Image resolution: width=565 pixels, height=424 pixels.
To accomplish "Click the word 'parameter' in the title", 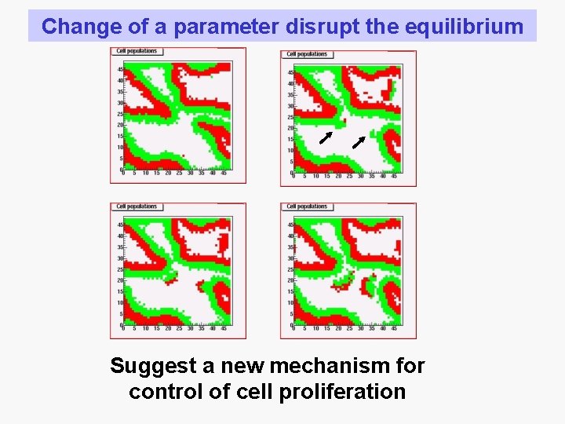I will [225, 27].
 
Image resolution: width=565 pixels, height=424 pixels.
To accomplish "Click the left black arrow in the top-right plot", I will [325, 139].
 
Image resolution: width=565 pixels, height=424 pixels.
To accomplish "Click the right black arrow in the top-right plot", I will [358, 141].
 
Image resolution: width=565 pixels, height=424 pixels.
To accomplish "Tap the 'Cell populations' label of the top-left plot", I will [137, 51].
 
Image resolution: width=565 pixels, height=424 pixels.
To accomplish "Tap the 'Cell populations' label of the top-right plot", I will [307, 54].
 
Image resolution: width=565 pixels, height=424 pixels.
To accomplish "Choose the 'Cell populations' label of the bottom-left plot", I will [137, 207].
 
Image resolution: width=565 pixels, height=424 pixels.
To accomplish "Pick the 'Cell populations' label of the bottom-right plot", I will [307, 207].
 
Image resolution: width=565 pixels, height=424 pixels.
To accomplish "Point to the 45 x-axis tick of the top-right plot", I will [394, 176].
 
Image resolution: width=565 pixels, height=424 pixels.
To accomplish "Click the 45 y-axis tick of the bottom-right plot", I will [290, 225].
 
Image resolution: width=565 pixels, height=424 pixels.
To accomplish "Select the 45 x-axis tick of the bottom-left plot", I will [223, 328].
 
